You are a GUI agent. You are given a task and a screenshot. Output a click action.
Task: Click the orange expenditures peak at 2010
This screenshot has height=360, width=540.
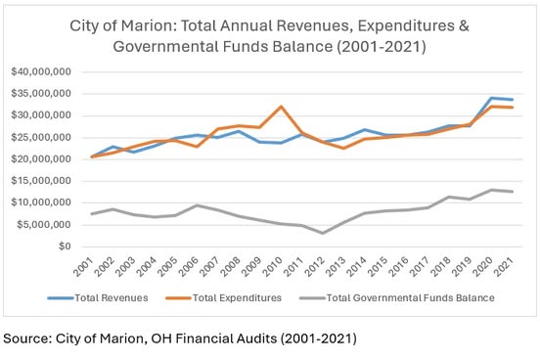281,107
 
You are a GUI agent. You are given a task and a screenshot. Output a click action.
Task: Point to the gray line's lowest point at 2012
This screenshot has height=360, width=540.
323,233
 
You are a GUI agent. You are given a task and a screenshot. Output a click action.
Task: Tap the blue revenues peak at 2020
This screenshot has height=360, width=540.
491,98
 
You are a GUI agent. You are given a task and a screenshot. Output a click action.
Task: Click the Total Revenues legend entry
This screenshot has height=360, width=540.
98,298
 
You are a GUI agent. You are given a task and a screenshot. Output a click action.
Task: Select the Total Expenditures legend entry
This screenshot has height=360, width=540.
223,298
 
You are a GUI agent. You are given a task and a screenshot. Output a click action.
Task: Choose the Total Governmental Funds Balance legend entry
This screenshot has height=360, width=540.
397,298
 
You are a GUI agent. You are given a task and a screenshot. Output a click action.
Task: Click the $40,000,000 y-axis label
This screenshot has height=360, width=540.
41,71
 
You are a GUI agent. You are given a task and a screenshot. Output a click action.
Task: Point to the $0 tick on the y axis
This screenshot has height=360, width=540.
65,247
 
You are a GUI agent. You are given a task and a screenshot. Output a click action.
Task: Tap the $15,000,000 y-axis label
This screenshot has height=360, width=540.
41,181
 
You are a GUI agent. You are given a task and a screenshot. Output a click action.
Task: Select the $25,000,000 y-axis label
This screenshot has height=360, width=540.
41,137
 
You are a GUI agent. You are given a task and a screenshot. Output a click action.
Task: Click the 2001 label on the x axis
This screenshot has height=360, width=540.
83,267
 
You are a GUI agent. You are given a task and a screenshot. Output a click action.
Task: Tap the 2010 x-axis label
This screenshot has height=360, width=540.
272,267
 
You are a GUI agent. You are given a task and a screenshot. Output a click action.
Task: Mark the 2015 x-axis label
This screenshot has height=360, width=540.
378,267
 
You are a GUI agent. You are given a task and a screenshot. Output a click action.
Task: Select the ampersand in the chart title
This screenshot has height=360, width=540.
464,26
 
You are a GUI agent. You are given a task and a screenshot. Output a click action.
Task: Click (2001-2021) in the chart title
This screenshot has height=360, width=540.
382,47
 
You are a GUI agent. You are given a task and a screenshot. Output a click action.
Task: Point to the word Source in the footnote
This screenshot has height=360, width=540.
26,338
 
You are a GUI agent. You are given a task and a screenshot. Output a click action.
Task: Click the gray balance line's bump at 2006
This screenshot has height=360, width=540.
197,205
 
